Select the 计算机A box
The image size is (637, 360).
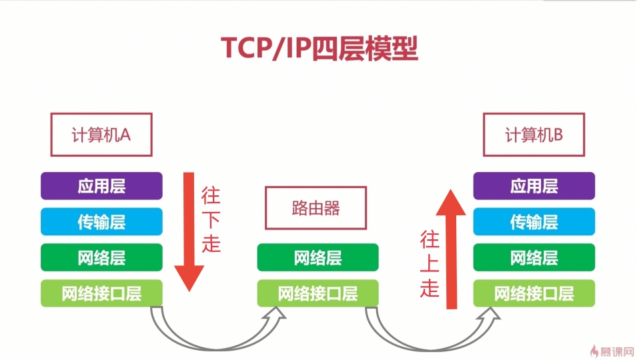pos(101,135)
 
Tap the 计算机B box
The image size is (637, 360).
pos(534,135)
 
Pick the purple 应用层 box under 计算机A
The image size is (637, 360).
pos(101,186)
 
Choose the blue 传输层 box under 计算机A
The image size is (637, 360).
pos(101,221)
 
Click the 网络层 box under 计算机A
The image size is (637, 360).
pos(101,257)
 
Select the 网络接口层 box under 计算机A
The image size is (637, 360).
pos(101,293)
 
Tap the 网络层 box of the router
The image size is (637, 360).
pos(317,257)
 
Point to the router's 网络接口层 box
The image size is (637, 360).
pos(317,293)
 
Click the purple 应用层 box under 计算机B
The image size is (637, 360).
pos(534,186)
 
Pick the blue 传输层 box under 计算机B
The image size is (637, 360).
pos(534,221)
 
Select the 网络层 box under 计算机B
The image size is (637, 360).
pos(534,257)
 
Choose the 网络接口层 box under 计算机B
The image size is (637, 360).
pos(534,293)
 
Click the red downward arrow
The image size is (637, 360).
pos(189,233)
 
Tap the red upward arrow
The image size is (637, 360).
pos(452,247)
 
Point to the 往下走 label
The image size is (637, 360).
pos(211,220)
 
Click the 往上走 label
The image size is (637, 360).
pos(430,264)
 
